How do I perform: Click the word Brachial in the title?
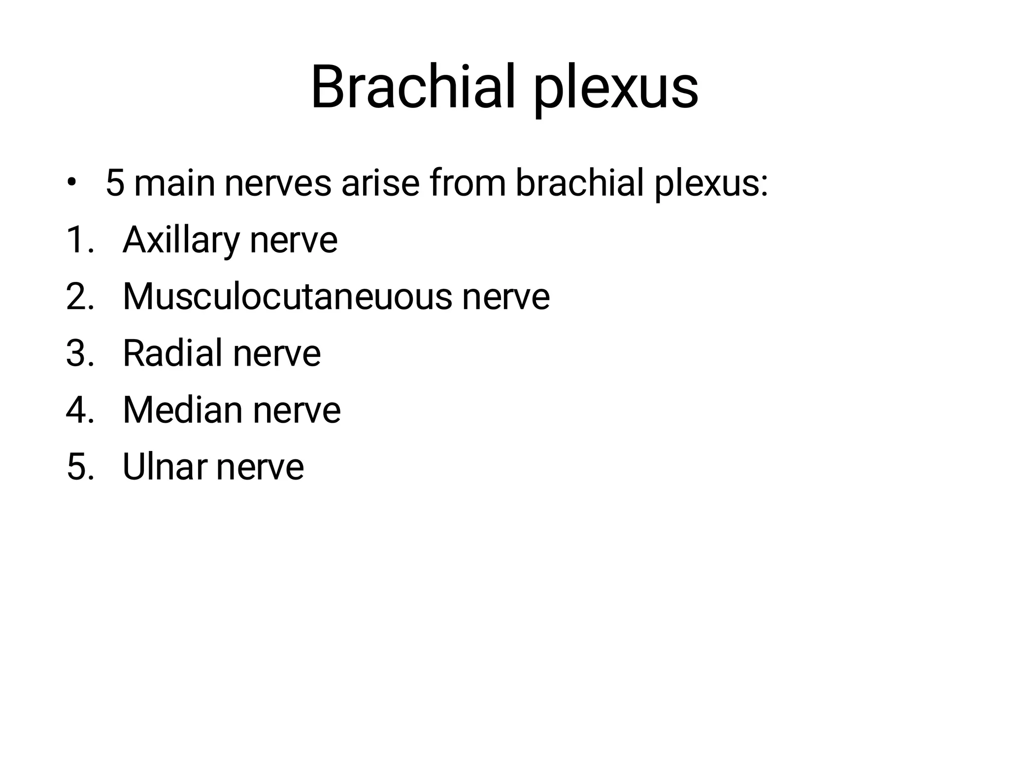(413, 88)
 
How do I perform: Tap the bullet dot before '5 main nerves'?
(72, 183)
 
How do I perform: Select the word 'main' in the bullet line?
(174, 183)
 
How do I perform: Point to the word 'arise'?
(380, 183)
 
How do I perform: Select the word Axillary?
(181, 241)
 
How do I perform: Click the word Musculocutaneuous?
(287, 297)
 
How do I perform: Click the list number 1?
(79, 241)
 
